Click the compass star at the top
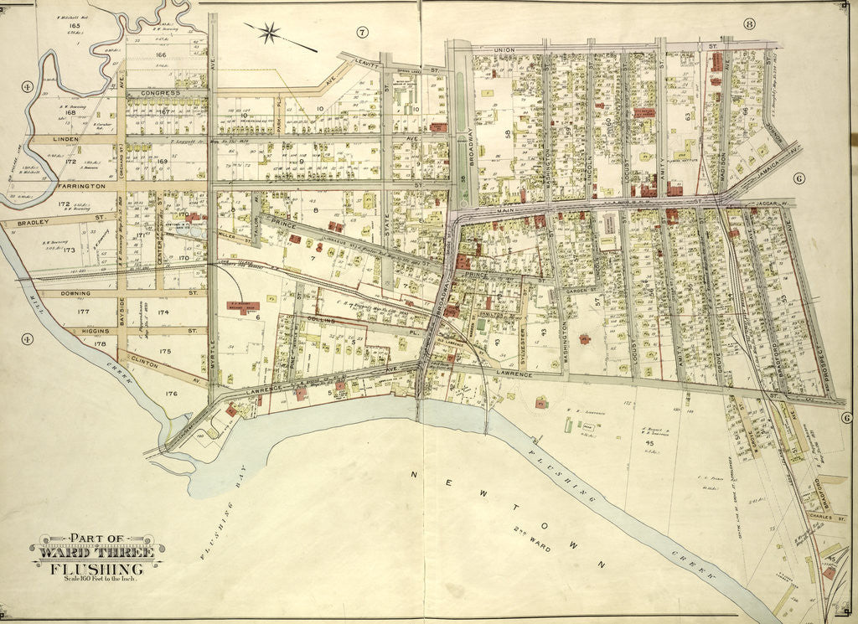pos(270,34)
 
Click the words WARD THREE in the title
pos(98,553)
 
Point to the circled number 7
pos(362,33)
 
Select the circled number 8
pos(749,23)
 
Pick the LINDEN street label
pos(65,138)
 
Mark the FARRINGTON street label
pos(81,185)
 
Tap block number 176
pos(172,392)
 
